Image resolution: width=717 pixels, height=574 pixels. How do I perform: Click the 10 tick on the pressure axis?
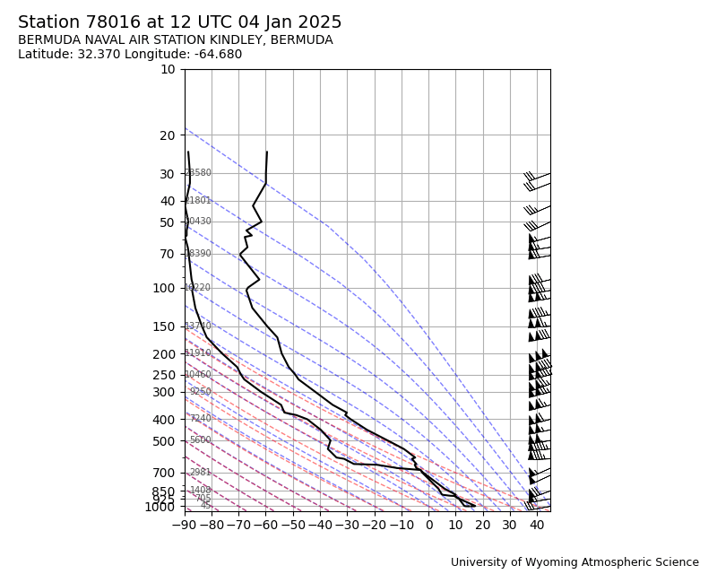point(168,69)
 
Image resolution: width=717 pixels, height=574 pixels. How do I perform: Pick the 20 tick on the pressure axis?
point(168,135)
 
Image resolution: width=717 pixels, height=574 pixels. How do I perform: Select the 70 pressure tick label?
point(168,254)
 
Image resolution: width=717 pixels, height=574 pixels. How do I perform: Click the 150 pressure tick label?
point(164,326)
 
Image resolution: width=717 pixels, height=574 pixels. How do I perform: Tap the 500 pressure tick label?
point(164,441)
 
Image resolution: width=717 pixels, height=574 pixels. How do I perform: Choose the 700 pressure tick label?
point(164,473)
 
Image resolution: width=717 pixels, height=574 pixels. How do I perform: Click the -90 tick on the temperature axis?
point(185,524)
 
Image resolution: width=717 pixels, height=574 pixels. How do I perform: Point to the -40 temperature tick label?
point(320,524)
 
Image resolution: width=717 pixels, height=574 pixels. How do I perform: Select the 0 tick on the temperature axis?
point(428,524)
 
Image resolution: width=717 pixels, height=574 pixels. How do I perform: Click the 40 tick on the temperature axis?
point(537,524)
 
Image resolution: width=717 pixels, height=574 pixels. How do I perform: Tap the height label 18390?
point(198,254)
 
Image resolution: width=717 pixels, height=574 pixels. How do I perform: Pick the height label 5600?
point(201,440)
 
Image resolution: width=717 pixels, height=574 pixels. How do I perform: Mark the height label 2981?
point(201,473)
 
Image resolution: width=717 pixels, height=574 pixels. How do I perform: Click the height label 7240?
point(201,419)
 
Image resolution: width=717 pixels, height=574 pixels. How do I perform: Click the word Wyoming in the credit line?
point(535,562)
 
